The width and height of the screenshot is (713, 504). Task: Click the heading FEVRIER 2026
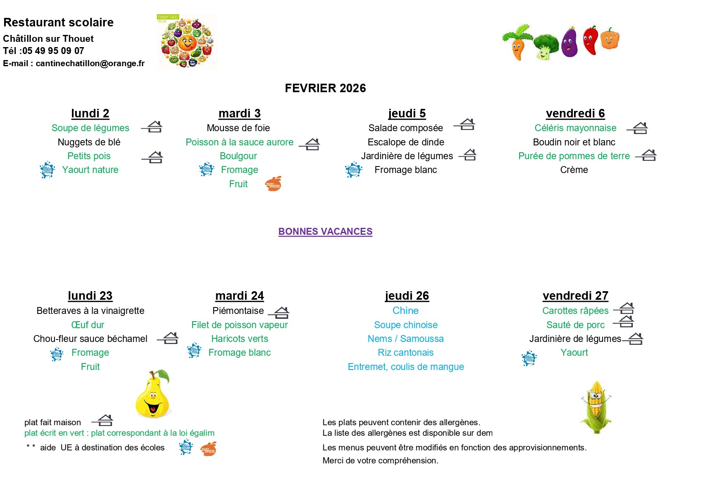pos(325,88)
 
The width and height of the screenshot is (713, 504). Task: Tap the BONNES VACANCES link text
pos(325,231)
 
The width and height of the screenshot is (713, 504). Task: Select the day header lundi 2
pos(90,113)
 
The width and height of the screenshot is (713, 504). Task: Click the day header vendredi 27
pos(575,296)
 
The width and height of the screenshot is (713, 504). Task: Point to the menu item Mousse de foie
pos(238,128)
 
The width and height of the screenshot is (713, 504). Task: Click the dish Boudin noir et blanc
pos(574,142)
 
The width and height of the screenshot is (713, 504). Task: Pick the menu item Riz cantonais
pos(405,353)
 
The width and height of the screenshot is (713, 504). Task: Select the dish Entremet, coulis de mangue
pos(405,367)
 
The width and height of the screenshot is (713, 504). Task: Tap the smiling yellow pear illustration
pos(153,394)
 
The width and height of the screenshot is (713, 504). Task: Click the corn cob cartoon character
pos(596,407)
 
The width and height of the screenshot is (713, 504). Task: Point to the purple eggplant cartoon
pos(570,42)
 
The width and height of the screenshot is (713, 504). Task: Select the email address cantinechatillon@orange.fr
pos(90,63)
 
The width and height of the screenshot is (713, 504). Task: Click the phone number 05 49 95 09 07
pos(53,51)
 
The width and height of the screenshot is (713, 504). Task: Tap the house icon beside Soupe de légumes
pos(153,127)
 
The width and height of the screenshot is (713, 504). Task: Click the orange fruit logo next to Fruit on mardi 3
pos(273,184)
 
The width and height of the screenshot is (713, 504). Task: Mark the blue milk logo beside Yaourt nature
pos(47,170)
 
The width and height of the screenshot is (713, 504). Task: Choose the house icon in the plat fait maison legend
pos(104,420)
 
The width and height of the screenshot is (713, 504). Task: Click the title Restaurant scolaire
pos(59,22)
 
